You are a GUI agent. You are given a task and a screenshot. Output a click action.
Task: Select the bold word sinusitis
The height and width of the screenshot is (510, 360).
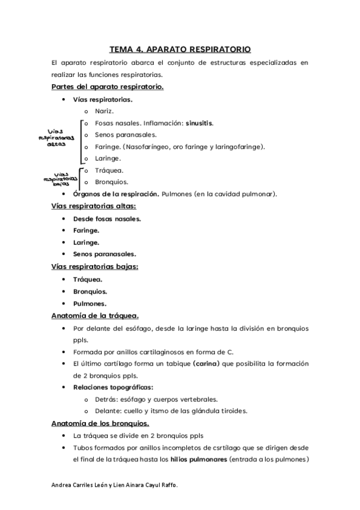point(198,123)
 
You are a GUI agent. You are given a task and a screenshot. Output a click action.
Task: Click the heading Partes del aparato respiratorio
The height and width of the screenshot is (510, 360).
point(108,87)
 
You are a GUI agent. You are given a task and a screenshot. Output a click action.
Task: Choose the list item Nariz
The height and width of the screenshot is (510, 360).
point(104,111)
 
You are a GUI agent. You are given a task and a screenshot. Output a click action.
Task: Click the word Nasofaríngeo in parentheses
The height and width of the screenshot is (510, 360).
point(146,147)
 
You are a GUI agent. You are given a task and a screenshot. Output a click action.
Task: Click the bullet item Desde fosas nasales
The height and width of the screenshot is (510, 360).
point(107,218)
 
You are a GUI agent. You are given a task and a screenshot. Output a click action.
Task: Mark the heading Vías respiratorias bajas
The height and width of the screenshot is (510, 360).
point(95,266)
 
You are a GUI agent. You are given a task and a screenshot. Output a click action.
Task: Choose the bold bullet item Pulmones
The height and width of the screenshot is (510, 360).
point(90,303)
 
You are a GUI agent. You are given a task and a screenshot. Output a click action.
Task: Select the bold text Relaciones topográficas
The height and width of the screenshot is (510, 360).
point(113,387)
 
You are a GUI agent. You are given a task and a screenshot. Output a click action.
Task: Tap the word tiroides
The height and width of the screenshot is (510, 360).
point(251,411)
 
